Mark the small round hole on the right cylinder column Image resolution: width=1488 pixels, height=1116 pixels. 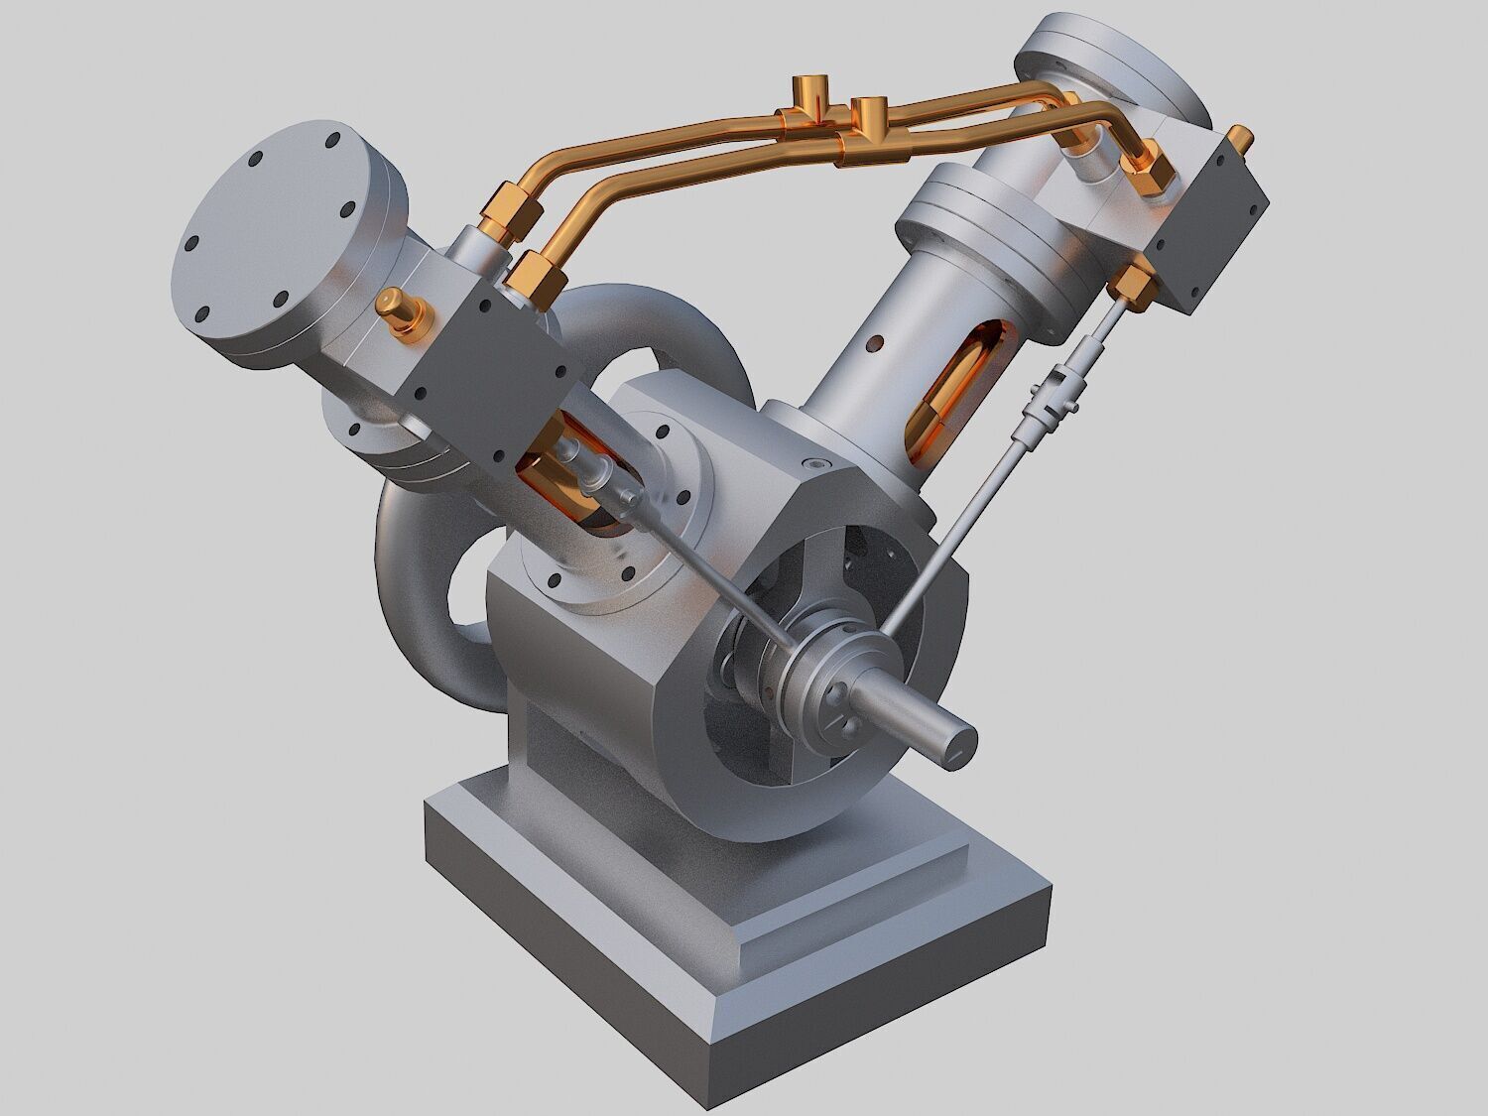pyautogui.click(x=874, y=344)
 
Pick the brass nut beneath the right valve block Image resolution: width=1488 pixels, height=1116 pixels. pyautogui.click(x=1133, y=282)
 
